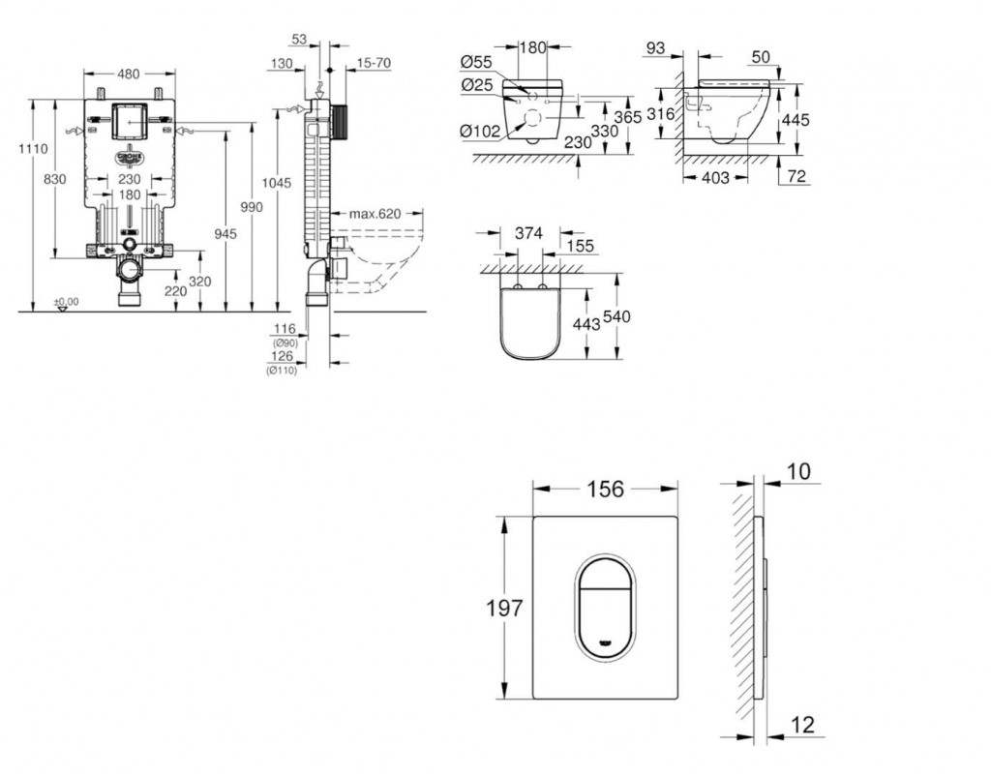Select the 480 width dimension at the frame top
tap(129, 75)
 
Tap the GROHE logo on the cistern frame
tap(129, 157)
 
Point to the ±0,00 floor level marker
tap(67, 302)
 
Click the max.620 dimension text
tap(375, 213)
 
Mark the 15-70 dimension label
tap(374, 63)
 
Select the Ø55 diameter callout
tap(479, 64)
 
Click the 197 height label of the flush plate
tap(503, 609)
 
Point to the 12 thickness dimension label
tap(801, 725)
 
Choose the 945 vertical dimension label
tap(225, 232)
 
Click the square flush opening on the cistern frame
tap(129, 119)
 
